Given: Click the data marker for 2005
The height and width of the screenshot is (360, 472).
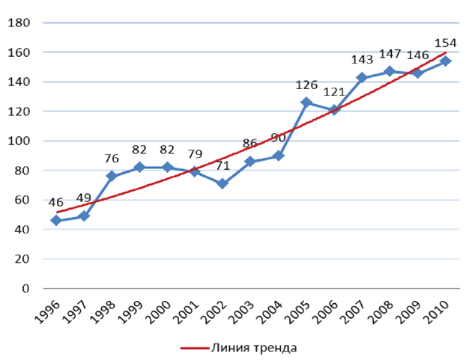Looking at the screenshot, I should click(x=306, y=103).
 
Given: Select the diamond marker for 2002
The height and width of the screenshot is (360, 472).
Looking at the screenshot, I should click(x=223, y=183).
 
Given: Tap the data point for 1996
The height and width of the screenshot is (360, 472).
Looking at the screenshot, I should click(x=56, y=220).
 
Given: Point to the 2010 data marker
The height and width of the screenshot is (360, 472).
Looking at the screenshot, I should click(x=445, y=61).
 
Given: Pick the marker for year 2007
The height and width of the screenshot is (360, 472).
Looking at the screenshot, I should click(x=361, y=78).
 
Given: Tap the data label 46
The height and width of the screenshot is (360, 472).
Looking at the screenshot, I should click(x=56, y=202).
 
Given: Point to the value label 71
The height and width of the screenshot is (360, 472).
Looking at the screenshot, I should click(x=223, y=165).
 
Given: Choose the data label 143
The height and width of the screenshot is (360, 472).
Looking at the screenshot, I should click(x=362, y=59).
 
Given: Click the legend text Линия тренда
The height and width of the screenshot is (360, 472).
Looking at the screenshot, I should click(x=255, y=348).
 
